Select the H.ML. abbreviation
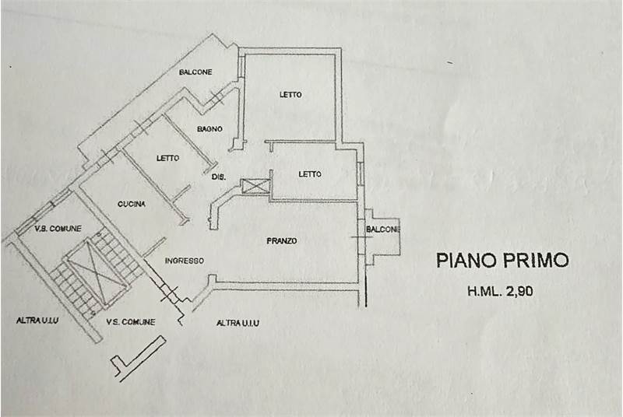pyautogui.click(x=484, y=293)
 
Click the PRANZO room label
pyautogui.click(x=281, y=241)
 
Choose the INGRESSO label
pyautogui.click(x=185, y=261)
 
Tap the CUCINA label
pyautogui.click(x=130, y=205)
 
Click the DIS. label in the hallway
pyautogui.click(x=219, y=177)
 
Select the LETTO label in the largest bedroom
pyautogui.click(x=290, y=95)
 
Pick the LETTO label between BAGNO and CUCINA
pyautogui.click(x=167, y=158)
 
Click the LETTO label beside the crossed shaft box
pyautogui.click(x=310, y=174)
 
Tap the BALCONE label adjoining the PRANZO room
pyautogui.click(x=384, y=230)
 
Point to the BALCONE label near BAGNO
pyautogui.click(x=195, y=72)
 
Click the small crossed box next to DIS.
pyautogui.click(x=254, y=185)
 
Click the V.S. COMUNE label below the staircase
pyautogui.click(x=130, y=322)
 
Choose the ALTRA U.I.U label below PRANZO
pyautogui.click(x=238, y=322)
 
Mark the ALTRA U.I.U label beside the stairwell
pyautogui.click(x=39, y=320)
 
